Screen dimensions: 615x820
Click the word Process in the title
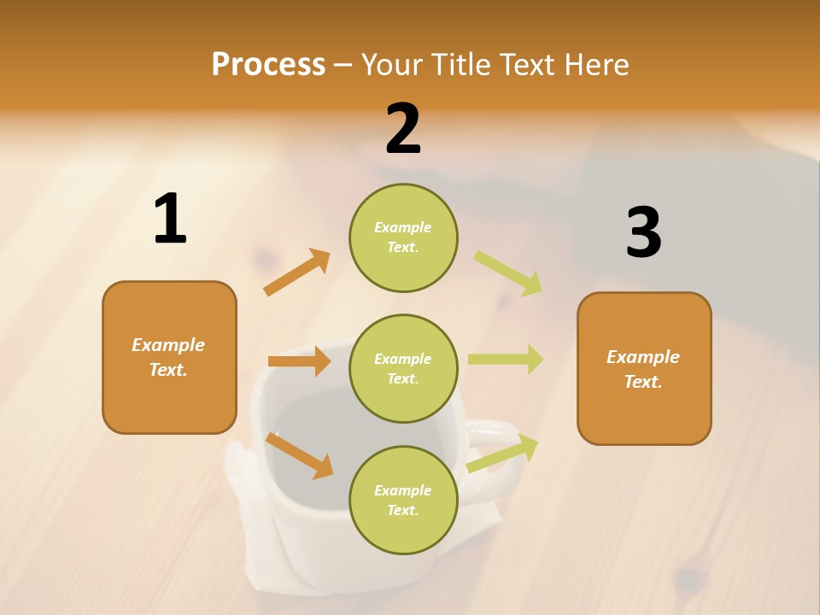268,65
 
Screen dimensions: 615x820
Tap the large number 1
170,220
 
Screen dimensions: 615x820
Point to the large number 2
403,129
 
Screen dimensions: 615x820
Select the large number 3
643,232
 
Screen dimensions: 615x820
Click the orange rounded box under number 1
169,357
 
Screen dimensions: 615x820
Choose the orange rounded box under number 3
644,368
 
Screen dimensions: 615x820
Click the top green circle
403,237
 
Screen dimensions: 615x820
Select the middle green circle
403,368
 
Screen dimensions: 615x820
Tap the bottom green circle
403,500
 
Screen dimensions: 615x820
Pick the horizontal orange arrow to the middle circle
300,361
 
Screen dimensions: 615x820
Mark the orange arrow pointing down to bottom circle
300,455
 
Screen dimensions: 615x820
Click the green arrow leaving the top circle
509,273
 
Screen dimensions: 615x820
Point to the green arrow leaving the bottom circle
503,453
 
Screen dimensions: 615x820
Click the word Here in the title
596,65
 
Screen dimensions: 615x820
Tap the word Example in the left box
168,345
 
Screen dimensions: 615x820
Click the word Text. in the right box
643,382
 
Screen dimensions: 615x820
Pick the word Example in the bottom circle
403,490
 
